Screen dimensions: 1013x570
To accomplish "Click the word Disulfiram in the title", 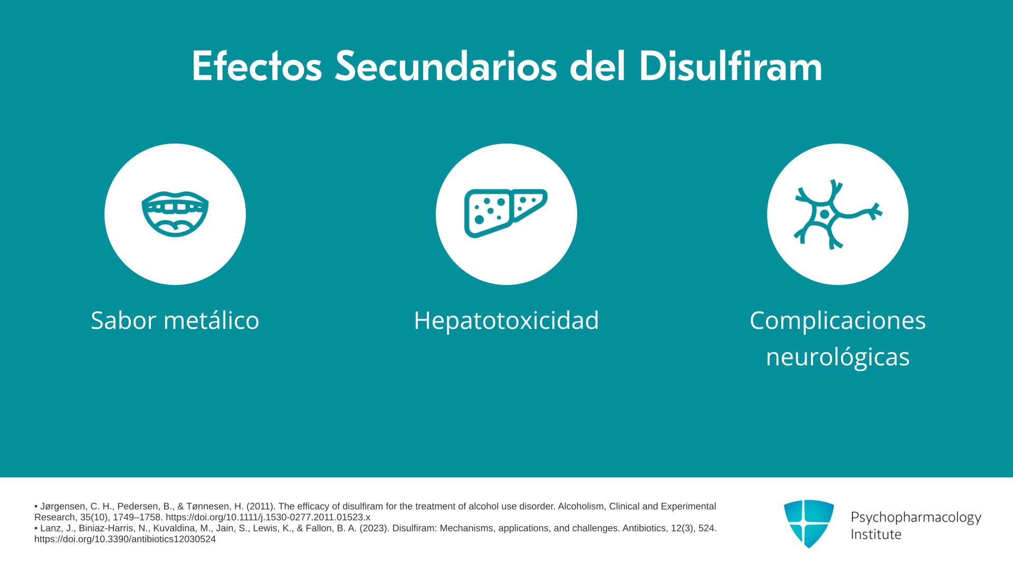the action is (730, 66).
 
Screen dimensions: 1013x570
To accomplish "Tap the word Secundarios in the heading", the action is (446, 66).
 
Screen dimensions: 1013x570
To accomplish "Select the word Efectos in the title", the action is (256, 66).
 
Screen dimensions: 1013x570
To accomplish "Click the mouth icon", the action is (175, 214).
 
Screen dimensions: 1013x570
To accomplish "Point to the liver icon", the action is (505, 213).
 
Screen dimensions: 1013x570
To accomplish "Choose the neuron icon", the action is (838, 214).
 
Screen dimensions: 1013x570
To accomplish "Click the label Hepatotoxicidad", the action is (506, 320).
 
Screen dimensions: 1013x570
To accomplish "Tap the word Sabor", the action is (123, 320).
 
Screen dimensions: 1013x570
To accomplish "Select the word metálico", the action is (212, 320).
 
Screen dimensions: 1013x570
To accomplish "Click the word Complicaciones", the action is (838, 321).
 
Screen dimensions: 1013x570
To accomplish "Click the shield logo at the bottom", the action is (809, 524).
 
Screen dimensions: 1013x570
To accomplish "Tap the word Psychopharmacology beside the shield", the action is (916, 518).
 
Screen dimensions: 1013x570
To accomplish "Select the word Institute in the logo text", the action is (876, 534).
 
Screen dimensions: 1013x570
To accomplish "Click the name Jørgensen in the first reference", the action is (63, 507).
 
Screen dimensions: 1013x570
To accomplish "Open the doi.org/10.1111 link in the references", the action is (268, 517).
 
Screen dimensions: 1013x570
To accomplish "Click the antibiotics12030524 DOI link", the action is (125, 539).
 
